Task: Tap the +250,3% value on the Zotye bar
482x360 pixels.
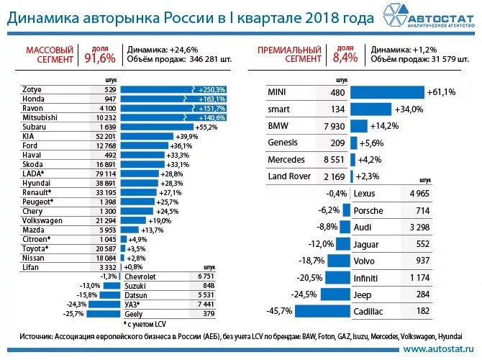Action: click(x=210, y=89)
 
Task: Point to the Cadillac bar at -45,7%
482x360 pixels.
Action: click(x=322, y=311)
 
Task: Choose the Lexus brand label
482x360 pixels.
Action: click(x=365, y=194)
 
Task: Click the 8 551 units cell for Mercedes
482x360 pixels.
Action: click(x=334, y=159)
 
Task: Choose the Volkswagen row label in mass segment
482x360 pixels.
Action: click(x=42, y=220)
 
